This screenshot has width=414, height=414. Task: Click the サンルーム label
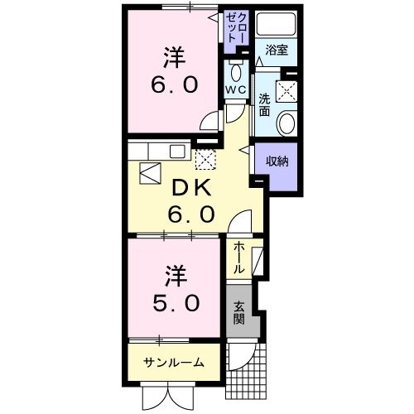172,362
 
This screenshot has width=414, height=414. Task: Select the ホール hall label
238,258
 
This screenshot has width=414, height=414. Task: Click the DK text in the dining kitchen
191,185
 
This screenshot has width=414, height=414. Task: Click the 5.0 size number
174,303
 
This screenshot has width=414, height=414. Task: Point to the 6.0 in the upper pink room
174,85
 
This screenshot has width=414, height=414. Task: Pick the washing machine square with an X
286,89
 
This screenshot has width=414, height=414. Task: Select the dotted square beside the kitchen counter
204,157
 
